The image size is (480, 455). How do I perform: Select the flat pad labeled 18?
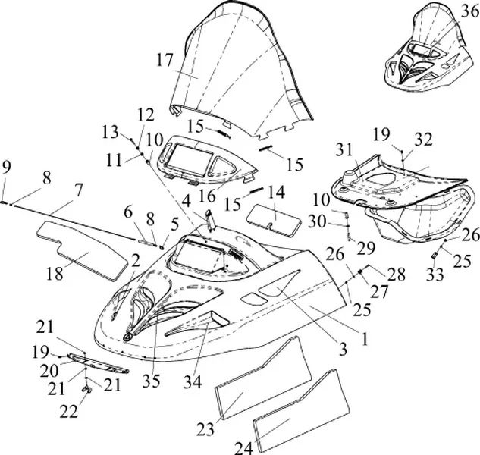(x=83, y=244)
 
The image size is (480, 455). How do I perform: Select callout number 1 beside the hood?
(x=363, y=341)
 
